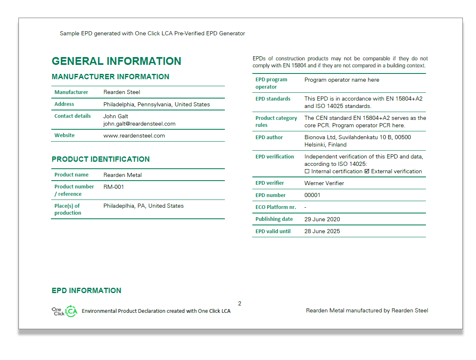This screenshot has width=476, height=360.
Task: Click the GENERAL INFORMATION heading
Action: (116, 61)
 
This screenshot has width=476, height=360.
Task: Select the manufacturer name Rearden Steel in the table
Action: (121, 92)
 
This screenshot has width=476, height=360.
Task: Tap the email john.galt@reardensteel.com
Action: (139, 124)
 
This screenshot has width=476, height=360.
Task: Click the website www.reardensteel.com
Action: (134, 136)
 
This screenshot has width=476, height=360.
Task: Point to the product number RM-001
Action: (113, 187)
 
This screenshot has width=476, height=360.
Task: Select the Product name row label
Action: (71, 175)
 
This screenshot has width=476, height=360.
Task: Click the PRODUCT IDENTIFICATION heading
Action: (101, 159)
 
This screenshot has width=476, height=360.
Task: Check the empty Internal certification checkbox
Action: (307, 172)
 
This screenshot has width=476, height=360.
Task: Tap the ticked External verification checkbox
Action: (367, 172)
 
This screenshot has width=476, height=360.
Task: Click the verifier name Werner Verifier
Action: (324, 183)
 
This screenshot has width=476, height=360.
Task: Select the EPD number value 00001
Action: (312, 195)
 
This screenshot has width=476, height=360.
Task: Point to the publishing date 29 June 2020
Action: (322, 219)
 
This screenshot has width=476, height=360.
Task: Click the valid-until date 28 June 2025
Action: (322, 232)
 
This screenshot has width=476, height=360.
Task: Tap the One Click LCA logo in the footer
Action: (64, 311)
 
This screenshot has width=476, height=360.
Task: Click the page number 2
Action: (240, 304)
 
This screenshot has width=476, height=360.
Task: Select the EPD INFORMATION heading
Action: (86, 291)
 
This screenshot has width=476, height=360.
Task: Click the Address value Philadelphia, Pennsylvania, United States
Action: (156, 105)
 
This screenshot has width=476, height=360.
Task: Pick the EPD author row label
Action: (269, 138)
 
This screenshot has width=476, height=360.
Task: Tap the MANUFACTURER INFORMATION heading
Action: (110, 77)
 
